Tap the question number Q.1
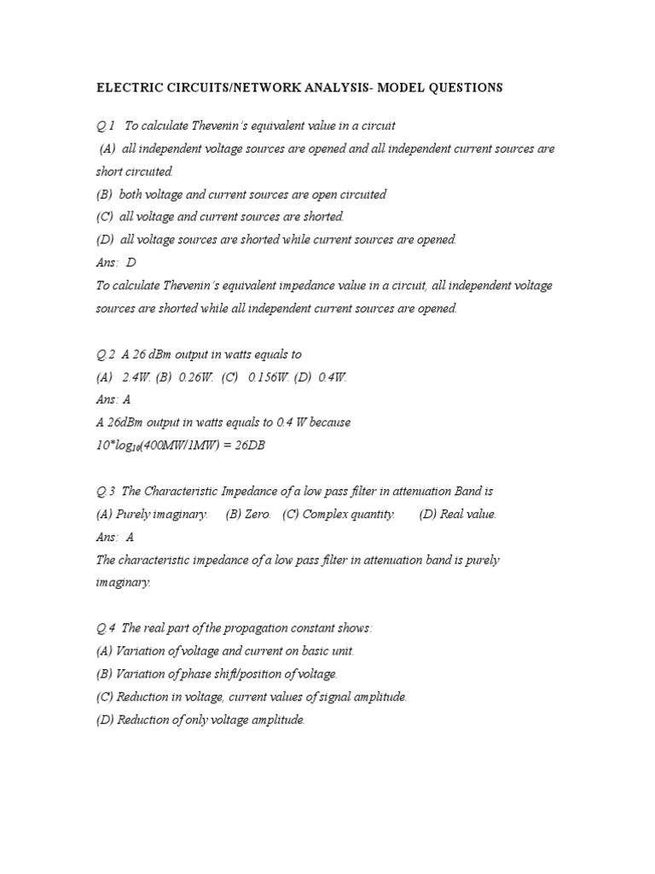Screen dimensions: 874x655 pos(106,125)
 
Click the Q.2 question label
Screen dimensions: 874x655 pos(106,354)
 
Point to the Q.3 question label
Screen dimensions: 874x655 pos(106,492)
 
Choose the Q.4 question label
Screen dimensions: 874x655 pos(106,629)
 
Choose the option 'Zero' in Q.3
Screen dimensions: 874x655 pos(258,515)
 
